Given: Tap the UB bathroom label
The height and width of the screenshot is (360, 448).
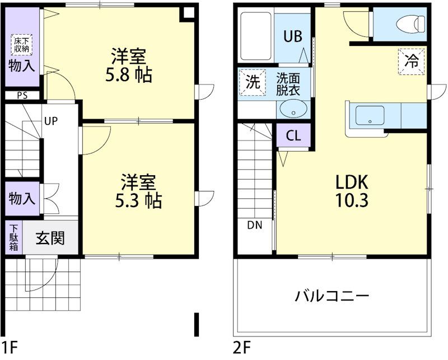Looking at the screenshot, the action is point(292,37).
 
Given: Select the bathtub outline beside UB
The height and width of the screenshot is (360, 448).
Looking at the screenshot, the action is point(256,36).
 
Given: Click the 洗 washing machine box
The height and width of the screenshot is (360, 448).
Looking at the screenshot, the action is point(253,82).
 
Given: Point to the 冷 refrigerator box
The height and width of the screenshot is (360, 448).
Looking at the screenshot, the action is point(412,62).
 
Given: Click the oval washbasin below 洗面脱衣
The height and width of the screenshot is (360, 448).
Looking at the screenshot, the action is point(293,109).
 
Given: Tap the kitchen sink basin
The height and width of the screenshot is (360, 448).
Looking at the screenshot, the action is point(370,116).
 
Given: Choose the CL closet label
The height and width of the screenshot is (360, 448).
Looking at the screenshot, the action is point(293,136).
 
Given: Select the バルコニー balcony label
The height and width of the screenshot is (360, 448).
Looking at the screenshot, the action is point(332,296).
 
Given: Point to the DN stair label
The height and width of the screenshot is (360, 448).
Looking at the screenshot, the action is point(254,226).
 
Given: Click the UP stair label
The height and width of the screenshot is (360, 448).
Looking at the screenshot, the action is point(51,121).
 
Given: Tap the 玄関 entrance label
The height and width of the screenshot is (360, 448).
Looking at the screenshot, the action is point(50,238).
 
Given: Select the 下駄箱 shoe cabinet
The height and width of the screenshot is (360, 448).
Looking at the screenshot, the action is point(13,238).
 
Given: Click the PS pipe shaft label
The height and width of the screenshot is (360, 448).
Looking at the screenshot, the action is point(22,96).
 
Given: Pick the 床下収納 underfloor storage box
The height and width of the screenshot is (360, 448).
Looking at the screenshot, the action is point(22,45).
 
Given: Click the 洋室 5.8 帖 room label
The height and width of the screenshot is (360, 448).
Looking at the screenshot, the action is point(129,65).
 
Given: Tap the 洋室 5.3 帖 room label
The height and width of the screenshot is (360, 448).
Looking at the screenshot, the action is point(138,191).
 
